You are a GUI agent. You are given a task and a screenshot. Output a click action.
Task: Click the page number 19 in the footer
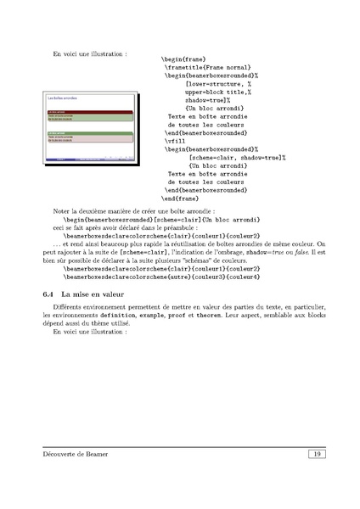(315, 456)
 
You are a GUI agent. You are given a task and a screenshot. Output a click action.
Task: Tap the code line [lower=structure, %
(218, 84)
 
